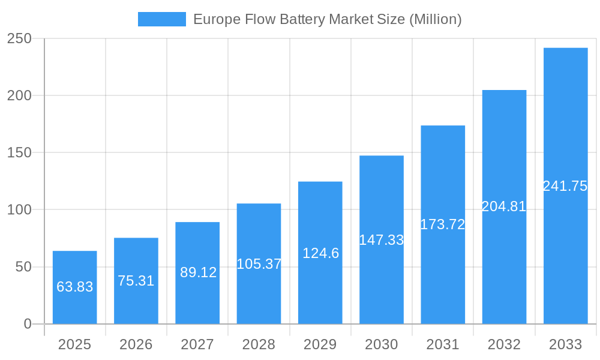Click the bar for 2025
coord(75,287)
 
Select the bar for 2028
coord(259,264)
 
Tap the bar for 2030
coord(382,240)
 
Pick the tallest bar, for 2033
coord(565,186)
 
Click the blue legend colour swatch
coord(162,19)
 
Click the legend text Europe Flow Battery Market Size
coord(327,19)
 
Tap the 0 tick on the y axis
coord(28,324)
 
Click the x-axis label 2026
coord(136,344)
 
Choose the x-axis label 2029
coord(320,344)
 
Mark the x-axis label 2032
coord(504,344)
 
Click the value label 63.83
coord(75,287)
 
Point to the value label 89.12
coord(198,272)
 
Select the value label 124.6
coord(320,253)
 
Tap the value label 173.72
coord(443,224)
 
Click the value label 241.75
coord(565,186)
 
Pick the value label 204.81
coord(504,207)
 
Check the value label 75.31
coord(136,281)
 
